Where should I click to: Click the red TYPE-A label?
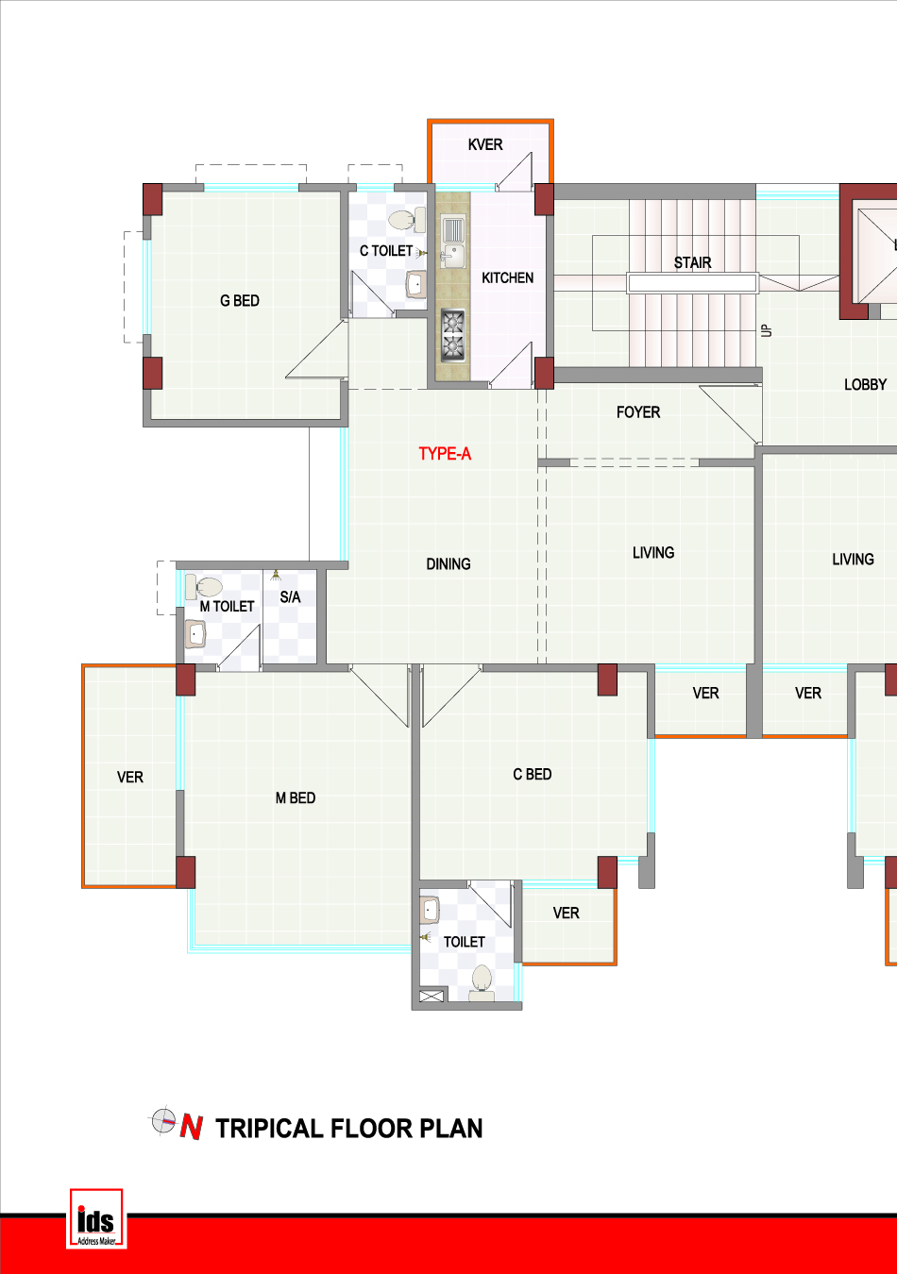[x=445, y=454]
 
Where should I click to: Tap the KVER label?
[x=485, y=145]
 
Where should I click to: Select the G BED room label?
[x=240, y=301]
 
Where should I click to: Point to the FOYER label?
[x=638, y=412]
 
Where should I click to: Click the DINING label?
[x=448, y=564]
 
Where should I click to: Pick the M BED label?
[x=296, y=798]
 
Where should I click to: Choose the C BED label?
[x=533, y=774]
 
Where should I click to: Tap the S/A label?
[x=290, y=597]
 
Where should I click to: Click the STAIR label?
[x=693, y=262]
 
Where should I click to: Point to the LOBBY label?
[x=865, y=385]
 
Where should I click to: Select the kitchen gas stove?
[x=453, y=335]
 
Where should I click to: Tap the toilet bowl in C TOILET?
[x=406, y=220]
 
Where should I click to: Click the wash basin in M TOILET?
[x=195, y=633]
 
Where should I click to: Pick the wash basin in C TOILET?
[x=416, y=283]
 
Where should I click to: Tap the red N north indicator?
[x=192, y=1128]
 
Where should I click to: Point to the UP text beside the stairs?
[x=767, y=331]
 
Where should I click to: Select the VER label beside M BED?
[x=129, y=778]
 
